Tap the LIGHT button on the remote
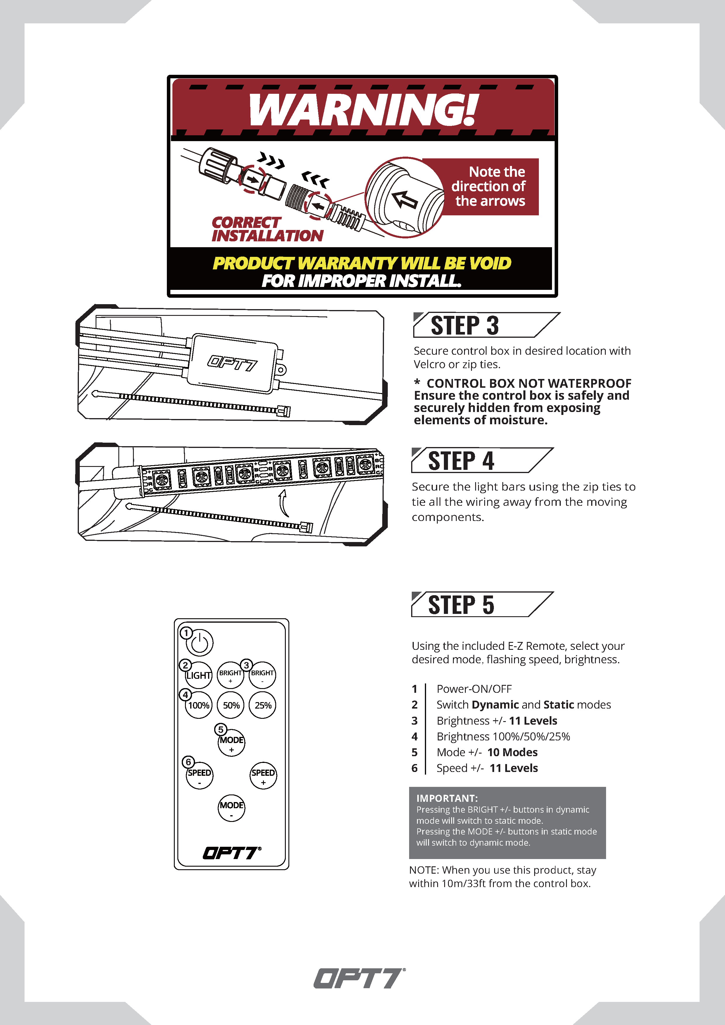[199, 675]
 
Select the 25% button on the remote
[262, 705]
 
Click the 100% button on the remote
[199, 705]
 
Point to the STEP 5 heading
[461, 605]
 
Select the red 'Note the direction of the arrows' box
[487, 187]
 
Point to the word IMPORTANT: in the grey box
[447, 798]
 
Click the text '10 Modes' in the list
[513, 752]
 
